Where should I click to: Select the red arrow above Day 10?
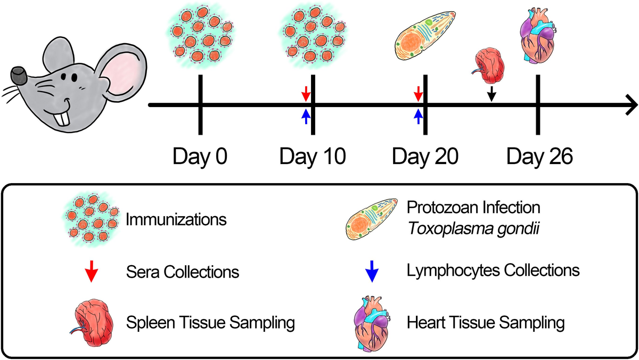pyautogui.click(x=305, y=95)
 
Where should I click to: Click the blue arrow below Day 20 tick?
pyautogui.click(x=418, y=116)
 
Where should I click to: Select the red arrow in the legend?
pyautogui.click(x=92, y=272)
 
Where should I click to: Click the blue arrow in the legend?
pyautogui.click(x=372, y=272)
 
